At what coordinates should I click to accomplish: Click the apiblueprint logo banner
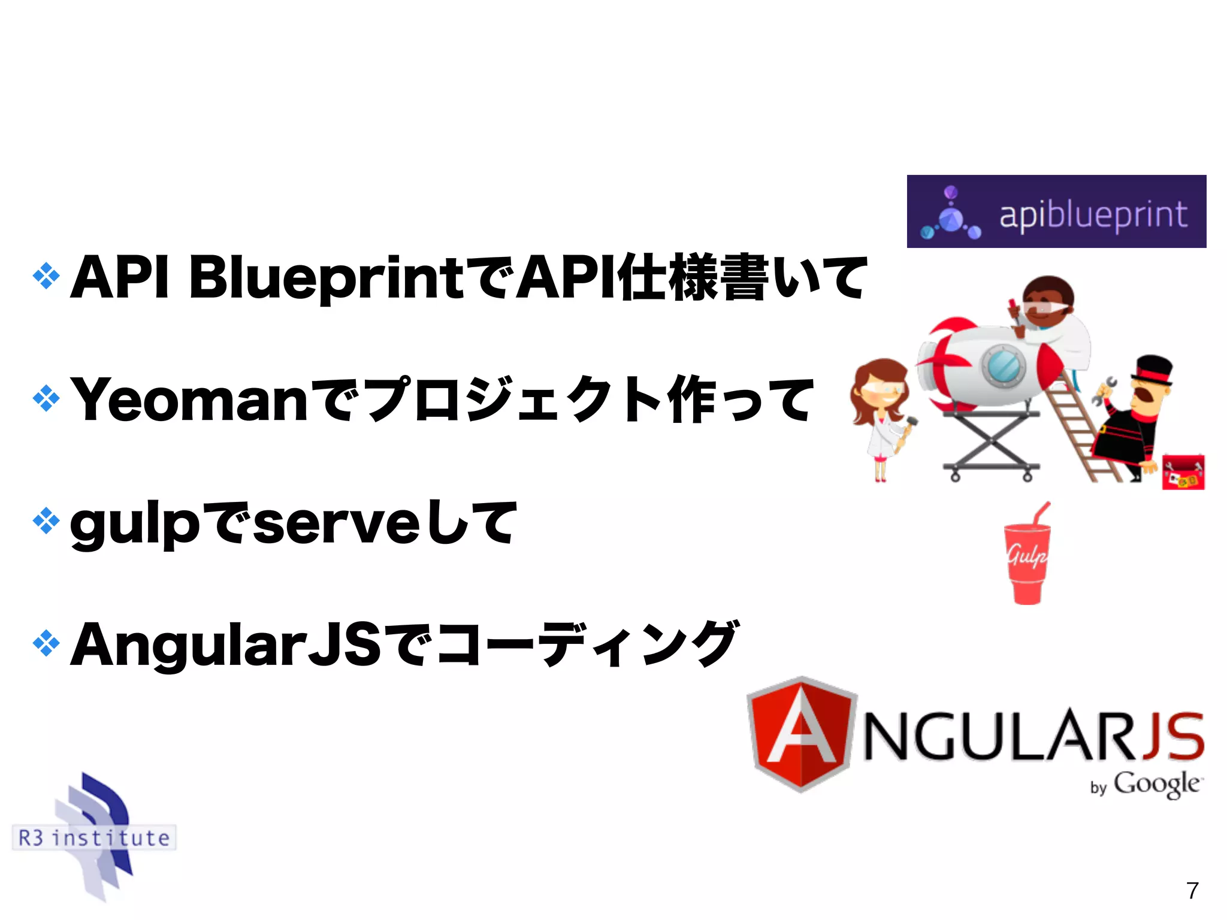click(1056, 211)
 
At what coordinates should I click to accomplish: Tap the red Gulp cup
click(1027, 560)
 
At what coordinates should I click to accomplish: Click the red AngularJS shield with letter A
click(801, 734)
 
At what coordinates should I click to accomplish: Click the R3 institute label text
click(94, 837)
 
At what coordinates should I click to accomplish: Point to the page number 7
click(1192, 891)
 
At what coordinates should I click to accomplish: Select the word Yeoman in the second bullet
click(189, 400)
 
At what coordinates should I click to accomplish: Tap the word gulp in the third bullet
click(134, 524)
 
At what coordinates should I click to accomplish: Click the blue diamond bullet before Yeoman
click(46, 399)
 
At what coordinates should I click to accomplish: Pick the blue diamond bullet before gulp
click(46, 521)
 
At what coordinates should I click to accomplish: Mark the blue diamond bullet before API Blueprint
click(46, 276)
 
